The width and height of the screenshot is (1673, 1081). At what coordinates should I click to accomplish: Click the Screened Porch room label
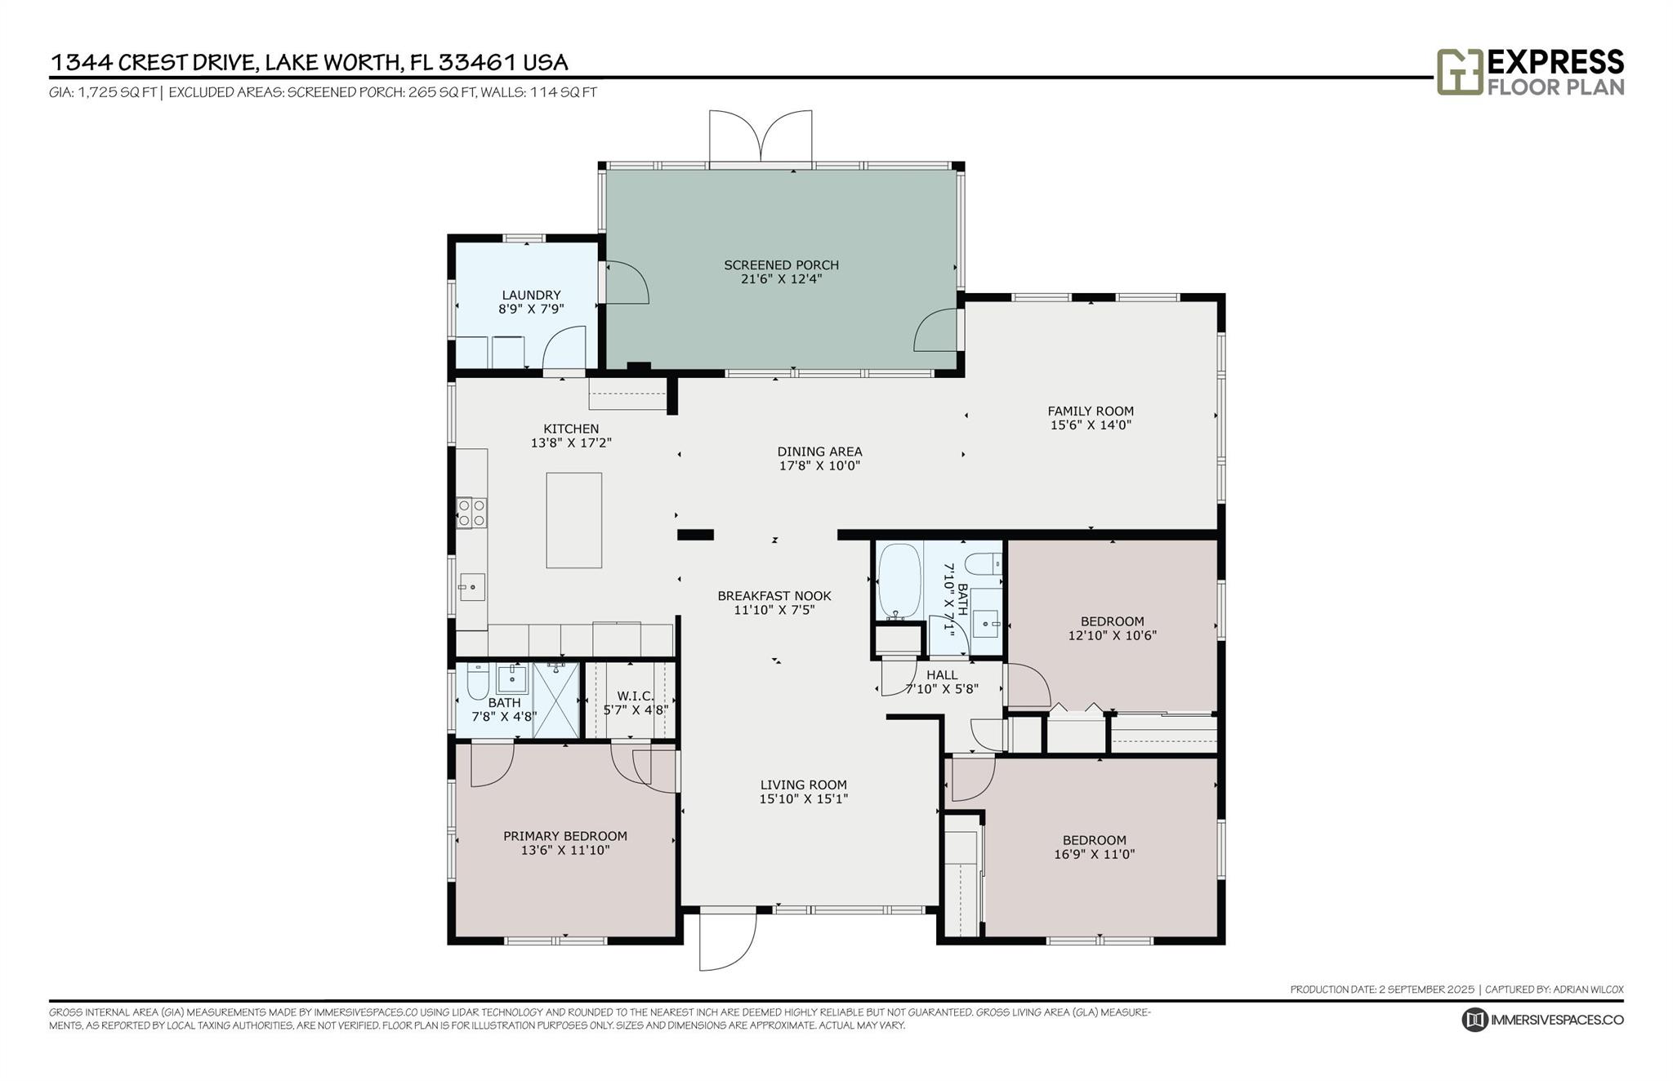[781, 265]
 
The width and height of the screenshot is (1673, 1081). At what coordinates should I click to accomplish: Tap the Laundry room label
[531, 295]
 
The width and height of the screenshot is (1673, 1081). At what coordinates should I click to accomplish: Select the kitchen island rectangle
[574, 520]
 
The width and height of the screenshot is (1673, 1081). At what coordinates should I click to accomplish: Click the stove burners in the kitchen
[471, 513]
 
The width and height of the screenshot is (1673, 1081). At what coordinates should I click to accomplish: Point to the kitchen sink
[472, 586]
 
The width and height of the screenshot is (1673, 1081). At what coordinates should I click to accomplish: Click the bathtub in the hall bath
[899, 581]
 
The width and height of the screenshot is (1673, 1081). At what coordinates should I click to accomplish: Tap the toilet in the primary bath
[478, 683]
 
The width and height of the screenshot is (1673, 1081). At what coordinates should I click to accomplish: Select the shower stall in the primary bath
[555, 700]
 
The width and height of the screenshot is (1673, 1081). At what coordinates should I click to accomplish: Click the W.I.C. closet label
[636, 696]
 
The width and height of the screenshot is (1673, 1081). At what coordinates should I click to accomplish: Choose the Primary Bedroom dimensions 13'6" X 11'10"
[565, 850]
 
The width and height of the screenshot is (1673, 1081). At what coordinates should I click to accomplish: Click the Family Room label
[1091, 411]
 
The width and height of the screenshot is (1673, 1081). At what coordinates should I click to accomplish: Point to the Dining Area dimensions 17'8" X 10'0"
[819, 465]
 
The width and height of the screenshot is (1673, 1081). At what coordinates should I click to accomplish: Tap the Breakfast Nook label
[774, 596]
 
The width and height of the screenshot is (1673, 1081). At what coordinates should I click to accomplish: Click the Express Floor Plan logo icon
[1460, 72]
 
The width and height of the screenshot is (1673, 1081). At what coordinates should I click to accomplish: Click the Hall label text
[942, 675]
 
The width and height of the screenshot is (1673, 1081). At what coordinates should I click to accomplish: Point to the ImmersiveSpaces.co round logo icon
[1474, 1020]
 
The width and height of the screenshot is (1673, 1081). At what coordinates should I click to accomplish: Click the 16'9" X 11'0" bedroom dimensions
[1095, 854]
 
